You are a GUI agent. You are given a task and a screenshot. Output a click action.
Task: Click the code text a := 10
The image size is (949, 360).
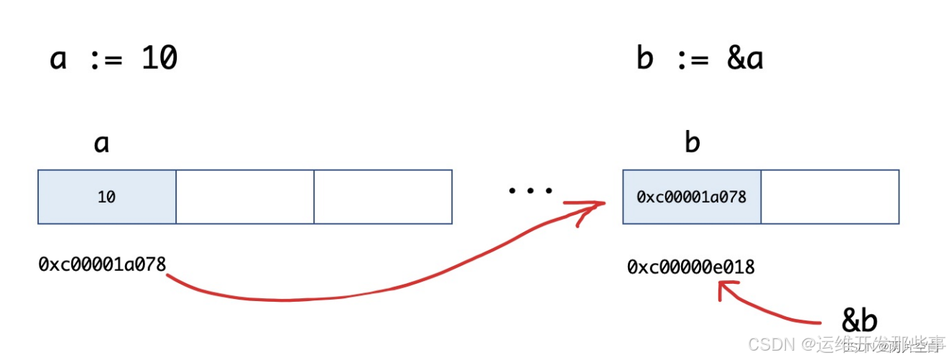[x=113, y=58]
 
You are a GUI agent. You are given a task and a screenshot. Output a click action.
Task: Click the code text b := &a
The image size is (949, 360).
[x=699, y=58]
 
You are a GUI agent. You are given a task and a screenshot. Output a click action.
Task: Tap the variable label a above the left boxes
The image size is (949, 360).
[x=101, y=144]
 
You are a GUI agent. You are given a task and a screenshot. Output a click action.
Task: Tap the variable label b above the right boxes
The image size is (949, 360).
[x=692, y=143]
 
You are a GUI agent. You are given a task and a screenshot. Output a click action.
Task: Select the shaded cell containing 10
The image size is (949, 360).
[x=107, y=197]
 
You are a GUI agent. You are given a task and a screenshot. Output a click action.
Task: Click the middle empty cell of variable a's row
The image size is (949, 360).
[x=245, y=197]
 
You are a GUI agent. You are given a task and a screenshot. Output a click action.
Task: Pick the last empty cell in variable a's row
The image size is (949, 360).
[x=383, y=197]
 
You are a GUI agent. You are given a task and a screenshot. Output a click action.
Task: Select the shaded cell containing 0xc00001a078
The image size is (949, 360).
[x=692, y=197]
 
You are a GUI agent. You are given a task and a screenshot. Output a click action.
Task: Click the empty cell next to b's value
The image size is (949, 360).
[x=830, y=197]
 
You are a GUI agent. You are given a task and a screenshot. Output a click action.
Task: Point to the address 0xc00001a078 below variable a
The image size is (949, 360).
[x=102, y=264]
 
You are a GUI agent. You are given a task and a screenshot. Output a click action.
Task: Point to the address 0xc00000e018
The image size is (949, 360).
[x=691, y=267]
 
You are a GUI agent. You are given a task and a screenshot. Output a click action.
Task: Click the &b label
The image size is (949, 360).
[x=859, y=321]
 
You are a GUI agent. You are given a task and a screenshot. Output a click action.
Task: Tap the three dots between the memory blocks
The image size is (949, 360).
[x=530, y=191]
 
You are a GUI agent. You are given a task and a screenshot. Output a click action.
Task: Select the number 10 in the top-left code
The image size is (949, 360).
[x=159, y=58]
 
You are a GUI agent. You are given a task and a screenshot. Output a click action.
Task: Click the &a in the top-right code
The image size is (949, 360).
[x=744, y=58]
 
